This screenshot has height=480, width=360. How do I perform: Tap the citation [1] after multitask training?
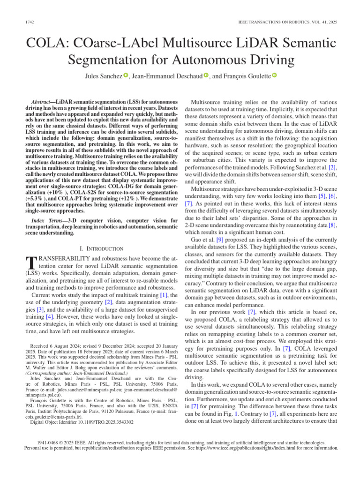[x=164, y=295]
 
